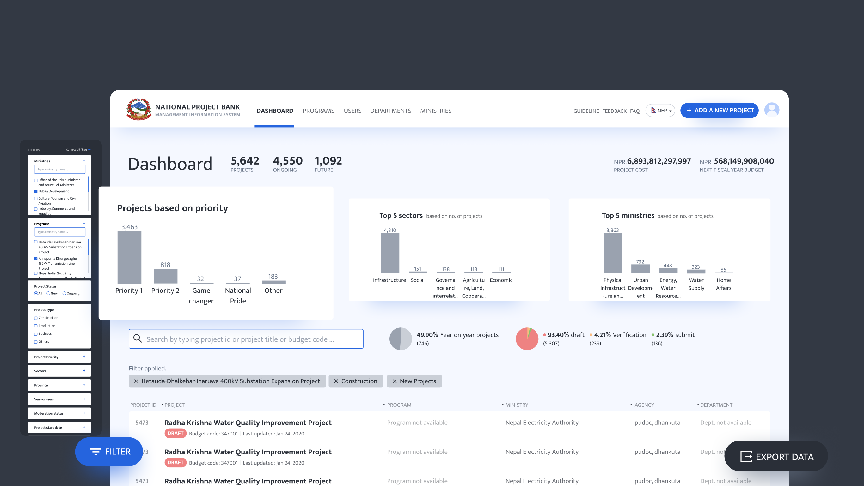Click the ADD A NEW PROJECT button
coord(719,110)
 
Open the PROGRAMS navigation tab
coord(318,111)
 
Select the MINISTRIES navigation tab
coord(435,111)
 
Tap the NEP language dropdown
coord(660,111)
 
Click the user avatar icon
coord(771,110)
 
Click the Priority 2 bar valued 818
coord(165,276)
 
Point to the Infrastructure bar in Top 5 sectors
coord(390,253)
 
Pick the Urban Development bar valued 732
coord(640,269)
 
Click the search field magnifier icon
coord(138,338)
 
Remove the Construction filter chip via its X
coord(336,381)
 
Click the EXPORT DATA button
coord(776,457)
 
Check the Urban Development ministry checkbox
coord(36,191)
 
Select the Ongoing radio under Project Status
coord(64,293)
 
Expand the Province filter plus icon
coord(84,385)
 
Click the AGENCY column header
coord(644,405)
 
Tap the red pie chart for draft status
coord(527,339)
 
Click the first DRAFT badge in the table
coord(175,433)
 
